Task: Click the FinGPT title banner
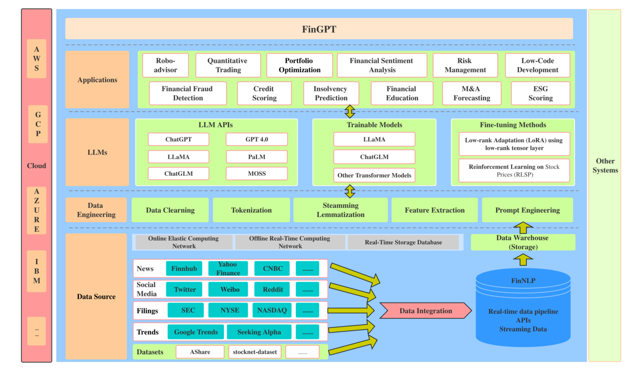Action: tap(319, 29)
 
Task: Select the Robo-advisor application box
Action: tap(166, 66)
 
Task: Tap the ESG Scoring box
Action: tap(540, 93)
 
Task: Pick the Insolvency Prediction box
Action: tap(331, 93)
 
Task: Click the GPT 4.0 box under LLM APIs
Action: tap(257, 139)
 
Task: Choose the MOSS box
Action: tap(257, 174)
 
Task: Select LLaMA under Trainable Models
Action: tap(374, 139)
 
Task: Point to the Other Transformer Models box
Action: tap(374, 175)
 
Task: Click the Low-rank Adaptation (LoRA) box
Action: tap(514, 144)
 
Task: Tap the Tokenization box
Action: tap(251, 210)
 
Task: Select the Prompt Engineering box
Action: tap(527, 210)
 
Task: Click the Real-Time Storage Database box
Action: tap(403, 242)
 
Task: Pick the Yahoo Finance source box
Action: tap(228, 268)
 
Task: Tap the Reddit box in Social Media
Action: tap(273, 289)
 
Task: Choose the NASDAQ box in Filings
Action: tap(272, 310)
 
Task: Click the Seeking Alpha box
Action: tap(259, 332)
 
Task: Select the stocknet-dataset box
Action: tap(255, 352)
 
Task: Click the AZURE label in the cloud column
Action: tap(37, 210)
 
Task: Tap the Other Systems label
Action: tap(605, 166)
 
